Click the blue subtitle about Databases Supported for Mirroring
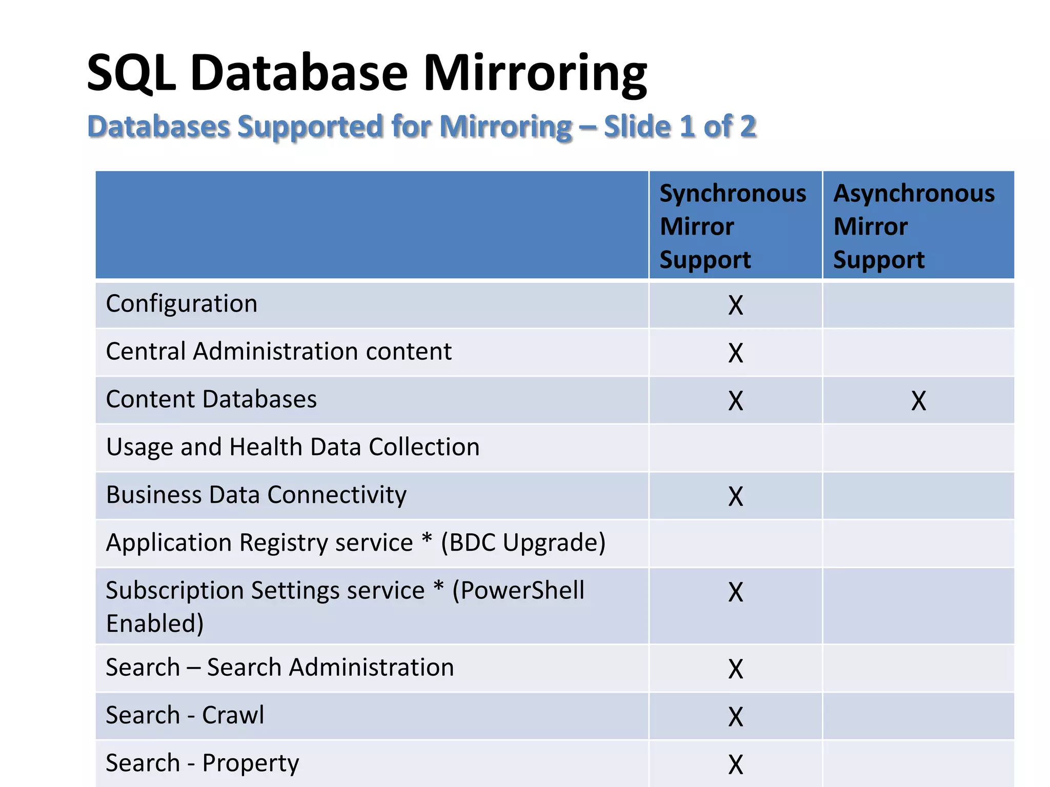tap(421, 127)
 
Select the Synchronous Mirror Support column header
tap(733, 226)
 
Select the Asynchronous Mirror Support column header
tap(914, 226)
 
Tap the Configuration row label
tap(181, 304)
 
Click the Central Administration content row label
tap(278, 351)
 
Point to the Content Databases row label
tap(211, 399)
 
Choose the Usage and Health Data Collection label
tap(293, 447)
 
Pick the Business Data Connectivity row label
tap(256, 495)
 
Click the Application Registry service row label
tap(355, 543)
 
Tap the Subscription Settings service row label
tap(345, 606)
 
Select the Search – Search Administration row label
tap(279, 668)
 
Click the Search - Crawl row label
tap(185, 715)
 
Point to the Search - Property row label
tap(202, 763)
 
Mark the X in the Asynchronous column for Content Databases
tap(918, 401)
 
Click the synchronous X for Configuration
tap(735, 305)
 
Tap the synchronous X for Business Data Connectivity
tap(735, 496)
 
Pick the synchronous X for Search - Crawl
tap(735, 717)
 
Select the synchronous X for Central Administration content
tap(735, 353)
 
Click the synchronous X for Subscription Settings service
tap(735, 592)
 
